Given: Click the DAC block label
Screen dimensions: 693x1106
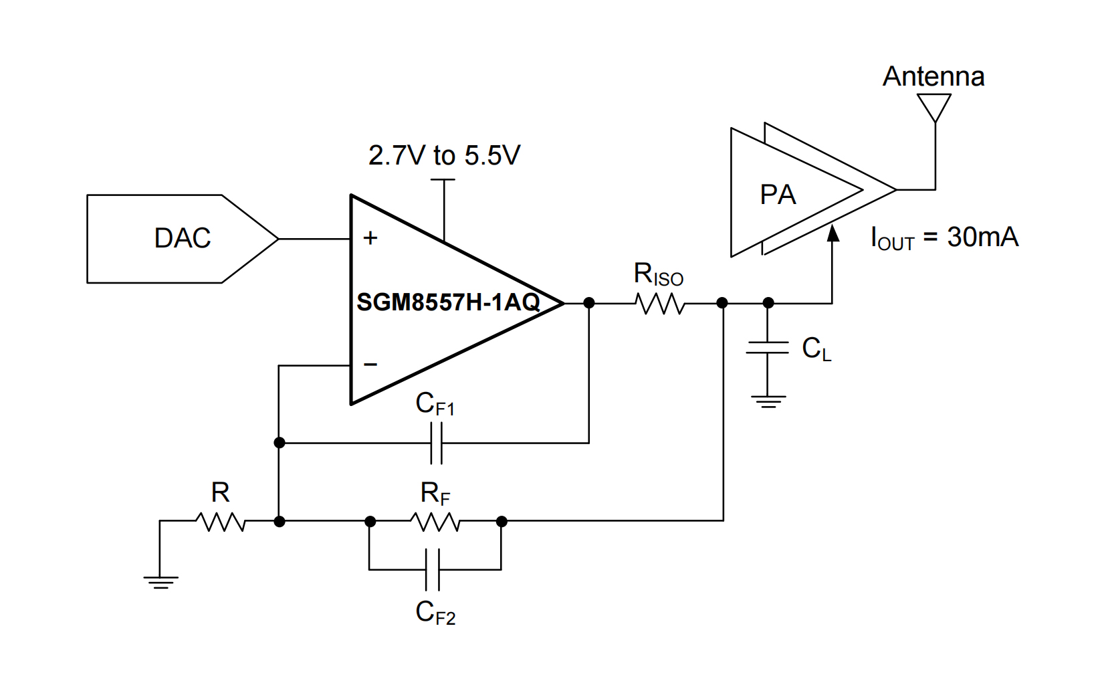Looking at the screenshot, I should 182,238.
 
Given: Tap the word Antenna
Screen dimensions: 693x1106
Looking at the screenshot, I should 933,76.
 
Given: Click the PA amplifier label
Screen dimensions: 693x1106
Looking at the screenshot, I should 778,195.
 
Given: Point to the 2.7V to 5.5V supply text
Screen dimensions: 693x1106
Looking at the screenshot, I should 444,155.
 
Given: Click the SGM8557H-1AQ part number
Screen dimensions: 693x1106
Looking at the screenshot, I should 448,302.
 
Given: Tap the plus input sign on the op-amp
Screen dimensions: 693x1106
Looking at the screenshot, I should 370,238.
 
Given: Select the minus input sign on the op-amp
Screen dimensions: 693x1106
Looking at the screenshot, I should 370,365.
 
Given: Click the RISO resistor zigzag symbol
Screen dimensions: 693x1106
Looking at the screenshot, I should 660,304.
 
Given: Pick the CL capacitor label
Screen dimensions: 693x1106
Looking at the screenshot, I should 816,349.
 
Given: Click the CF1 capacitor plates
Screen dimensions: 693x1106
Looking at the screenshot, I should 436,443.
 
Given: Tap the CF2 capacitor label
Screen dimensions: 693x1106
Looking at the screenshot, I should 435,612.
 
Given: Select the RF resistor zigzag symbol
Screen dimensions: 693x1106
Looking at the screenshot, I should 435,522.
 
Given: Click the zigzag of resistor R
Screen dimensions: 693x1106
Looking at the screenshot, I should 221,522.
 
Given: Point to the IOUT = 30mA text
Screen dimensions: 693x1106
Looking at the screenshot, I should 944,238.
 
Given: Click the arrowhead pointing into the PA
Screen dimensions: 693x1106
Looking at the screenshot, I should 833,233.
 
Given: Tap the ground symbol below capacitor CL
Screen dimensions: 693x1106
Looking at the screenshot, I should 768,401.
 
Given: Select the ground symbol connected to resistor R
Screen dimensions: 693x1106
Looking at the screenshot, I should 160,581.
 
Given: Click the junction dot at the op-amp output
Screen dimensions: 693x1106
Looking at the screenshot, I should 589,303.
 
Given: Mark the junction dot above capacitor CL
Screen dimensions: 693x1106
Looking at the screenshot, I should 768,303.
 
